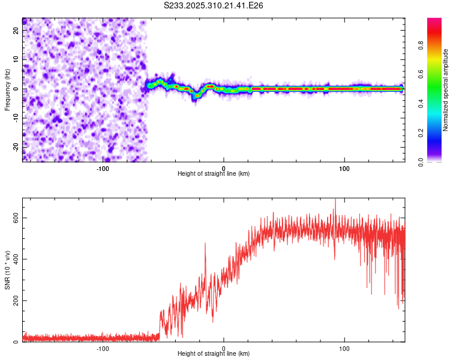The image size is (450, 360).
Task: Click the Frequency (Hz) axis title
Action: [x=7, y=89]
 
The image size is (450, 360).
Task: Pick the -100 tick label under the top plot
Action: [x=103, y=167]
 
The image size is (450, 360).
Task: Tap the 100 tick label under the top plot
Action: [x=344, y=167]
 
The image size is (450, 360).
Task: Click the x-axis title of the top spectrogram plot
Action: [x=214, y=174]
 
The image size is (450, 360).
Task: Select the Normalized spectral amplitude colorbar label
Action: [x=445, y=90]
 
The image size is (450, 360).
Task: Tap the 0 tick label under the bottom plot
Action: [x=224, y=349]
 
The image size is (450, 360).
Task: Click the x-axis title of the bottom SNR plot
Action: [x=214, y=355]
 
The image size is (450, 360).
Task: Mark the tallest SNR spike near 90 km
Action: [x=335, y=200]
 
